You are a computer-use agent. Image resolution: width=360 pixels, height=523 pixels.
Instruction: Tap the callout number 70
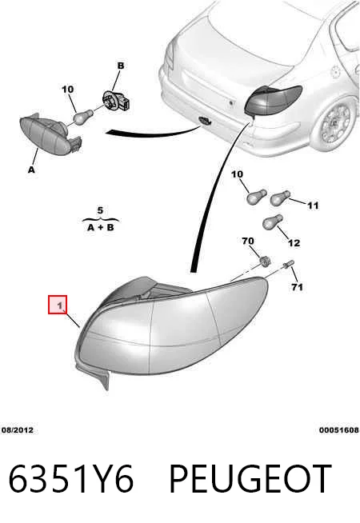(247, 241)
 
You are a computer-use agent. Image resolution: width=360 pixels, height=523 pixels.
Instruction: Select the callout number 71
(297, 287)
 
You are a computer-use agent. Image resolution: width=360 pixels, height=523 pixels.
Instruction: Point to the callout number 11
(313, 206)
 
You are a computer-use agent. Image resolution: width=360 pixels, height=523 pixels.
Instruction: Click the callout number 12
(294, 243)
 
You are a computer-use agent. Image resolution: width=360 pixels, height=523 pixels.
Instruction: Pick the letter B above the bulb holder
(121, 66)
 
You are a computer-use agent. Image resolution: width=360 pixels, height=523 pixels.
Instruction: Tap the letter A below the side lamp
(31, 170)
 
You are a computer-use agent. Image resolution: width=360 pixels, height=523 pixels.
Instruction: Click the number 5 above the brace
(100, 211)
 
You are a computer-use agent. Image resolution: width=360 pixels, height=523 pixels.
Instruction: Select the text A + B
(101, 227)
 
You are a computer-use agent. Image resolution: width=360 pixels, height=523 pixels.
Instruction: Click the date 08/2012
(18, 430)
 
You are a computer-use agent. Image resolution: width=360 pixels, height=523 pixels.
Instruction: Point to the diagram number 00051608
(339, 430)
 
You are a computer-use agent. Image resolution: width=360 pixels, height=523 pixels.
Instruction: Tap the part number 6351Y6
(70, 479)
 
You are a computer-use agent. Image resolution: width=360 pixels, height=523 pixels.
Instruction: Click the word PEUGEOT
(250, 479)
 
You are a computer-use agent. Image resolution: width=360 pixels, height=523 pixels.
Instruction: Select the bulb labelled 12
(273, 222)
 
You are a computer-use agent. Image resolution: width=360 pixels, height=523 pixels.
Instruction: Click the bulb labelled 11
(280, 198)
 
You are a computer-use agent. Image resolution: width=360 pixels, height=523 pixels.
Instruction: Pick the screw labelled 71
(288, 265)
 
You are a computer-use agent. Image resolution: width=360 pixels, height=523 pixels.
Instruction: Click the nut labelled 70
(265, 261)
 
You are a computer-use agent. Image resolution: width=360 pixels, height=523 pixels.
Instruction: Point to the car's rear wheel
(335, 123)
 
